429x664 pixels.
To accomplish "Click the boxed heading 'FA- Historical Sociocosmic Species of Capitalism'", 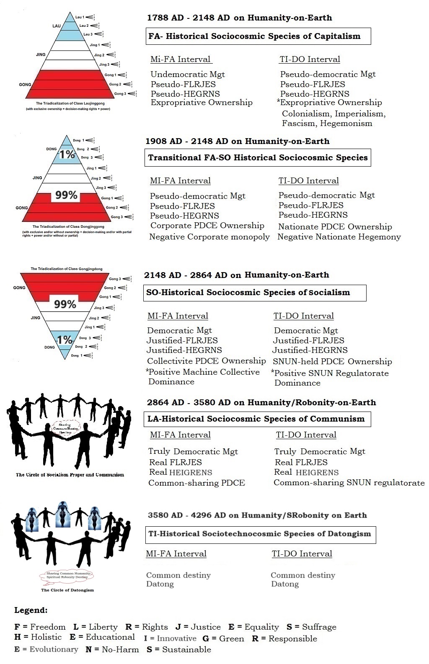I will [x=254, y=36].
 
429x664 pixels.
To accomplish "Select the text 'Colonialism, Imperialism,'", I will [x=333, y=113].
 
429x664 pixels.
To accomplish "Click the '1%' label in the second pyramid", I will [x=67, y=154].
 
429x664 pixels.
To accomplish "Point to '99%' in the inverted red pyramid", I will [x=65, y=304].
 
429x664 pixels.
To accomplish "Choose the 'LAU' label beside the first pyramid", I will [x=57, y=26].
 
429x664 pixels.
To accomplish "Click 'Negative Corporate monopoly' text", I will [x=209, y=237].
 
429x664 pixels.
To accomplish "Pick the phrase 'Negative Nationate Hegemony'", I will [x=339, y=237].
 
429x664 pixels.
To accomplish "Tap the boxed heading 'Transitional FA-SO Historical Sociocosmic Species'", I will [x=258, y=157].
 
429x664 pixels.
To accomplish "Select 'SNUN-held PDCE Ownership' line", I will [x=332, y=361].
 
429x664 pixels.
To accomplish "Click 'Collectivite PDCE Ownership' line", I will [x=206, y=360].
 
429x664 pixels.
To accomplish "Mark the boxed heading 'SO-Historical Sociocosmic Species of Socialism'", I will [x=248, y=292].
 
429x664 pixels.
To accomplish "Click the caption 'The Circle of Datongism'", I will [x=67, y=590].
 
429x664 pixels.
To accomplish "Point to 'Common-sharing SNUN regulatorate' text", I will [x=349, y=483].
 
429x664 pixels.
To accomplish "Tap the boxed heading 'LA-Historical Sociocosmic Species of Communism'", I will [x=256, y=419].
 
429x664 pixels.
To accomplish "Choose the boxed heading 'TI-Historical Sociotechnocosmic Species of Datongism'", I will [x=260, y=533].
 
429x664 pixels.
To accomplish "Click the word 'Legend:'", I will [x=31, y=610].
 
